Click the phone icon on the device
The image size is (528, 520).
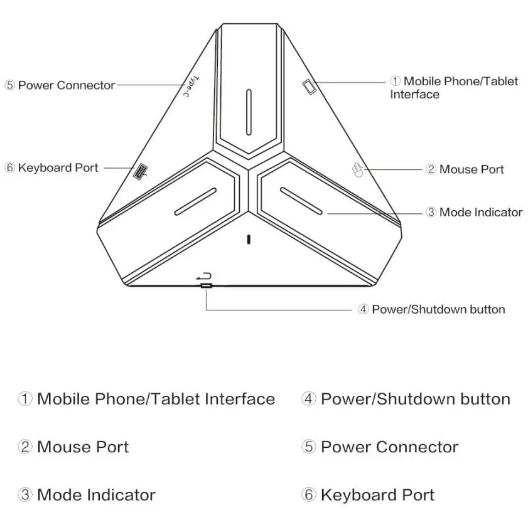(x=310, y=87)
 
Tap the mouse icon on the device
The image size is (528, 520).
(x=358, y=170)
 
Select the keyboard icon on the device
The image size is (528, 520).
(x=140, y=172)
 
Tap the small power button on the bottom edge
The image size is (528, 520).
(x=206, y=286)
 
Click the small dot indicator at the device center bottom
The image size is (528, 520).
(x=249, y=240)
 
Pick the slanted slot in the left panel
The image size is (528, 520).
(x=195, y=201)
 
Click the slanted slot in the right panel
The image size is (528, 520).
(x=301, y=201)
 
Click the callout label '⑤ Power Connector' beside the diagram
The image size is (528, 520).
(x=60, y=85)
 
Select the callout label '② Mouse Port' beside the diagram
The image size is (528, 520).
(x=465, y=169)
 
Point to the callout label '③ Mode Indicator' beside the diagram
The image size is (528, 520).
(x=474, y=212)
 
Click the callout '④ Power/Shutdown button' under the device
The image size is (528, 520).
(x=431, y=309)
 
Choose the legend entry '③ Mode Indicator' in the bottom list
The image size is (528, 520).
(x=87, y=494)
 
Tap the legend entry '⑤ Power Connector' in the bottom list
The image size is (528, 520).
(x=380, y=447)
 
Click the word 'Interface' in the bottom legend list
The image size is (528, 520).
(x=240, y=399)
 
